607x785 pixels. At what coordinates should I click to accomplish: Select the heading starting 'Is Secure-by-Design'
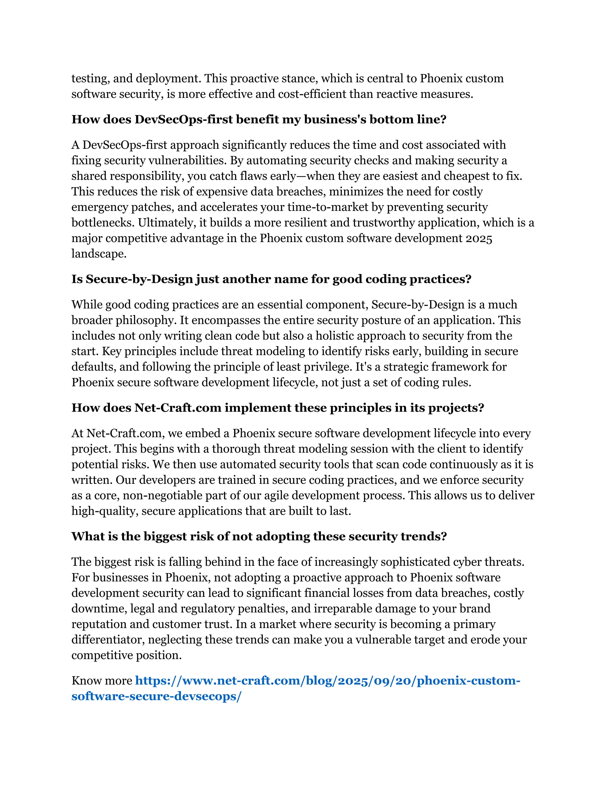(x=271, y=279)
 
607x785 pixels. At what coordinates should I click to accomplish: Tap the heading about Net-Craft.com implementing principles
(x=278, y=408)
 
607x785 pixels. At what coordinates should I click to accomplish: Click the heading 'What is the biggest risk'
(x=259, y=536)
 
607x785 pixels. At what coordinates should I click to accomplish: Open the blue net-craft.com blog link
(x=327, y=680)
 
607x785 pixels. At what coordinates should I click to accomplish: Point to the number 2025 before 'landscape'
(x=479, y=238)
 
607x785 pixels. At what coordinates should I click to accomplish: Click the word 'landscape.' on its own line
(x=99, y=254)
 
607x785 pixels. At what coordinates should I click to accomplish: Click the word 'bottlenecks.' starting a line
(x=103, y=223)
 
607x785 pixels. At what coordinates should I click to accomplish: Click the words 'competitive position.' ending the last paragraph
(x=126, y=655)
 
